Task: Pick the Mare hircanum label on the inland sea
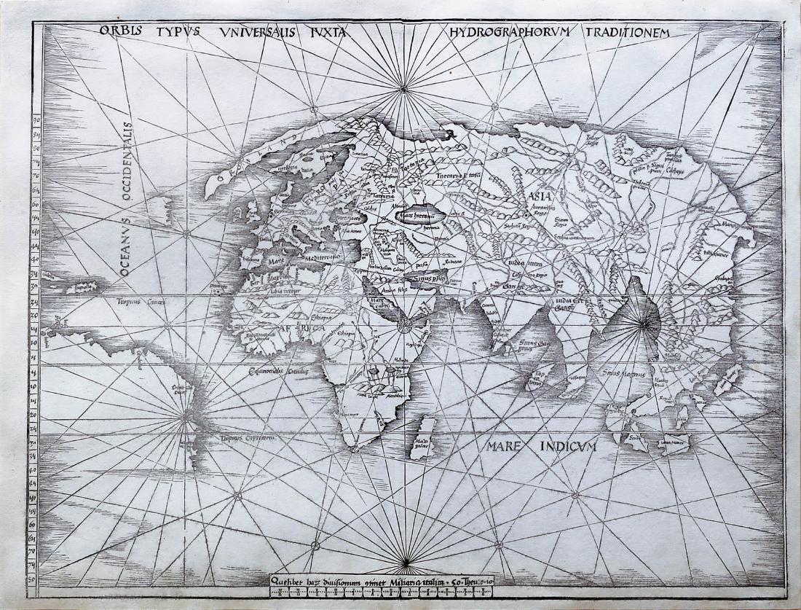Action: pos(414,216)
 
